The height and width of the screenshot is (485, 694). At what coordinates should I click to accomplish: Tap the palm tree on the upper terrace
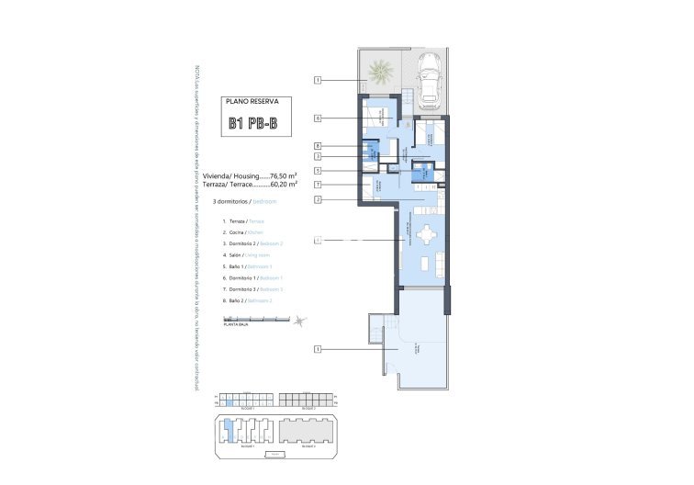click(x=379, y=69)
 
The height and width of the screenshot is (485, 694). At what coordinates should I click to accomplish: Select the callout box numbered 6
click(x=317, y=118)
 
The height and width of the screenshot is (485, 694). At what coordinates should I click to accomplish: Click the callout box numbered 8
click(x=317, y=145)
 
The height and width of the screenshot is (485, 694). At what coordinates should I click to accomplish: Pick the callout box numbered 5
click(x=317, y=171)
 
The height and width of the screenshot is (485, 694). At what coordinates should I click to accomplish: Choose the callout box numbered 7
click(x=317, y=185)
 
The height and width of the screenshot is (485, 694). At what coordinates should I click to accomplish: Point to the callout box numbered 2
click(x=317, y=199)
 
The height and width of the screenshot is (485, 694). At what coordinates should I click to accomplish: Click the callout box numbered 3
click(x=317, y=157)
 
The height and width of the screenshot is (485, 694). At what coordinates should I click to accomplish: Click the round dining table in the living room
click(x=426, y=235)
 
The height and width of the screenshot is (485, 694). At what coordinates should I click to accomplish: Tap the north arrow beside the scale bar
click(x=302, y=320)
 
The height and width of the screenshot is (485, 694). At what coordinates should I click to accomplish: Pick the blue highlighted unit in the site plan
click(x=229, y=427)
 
